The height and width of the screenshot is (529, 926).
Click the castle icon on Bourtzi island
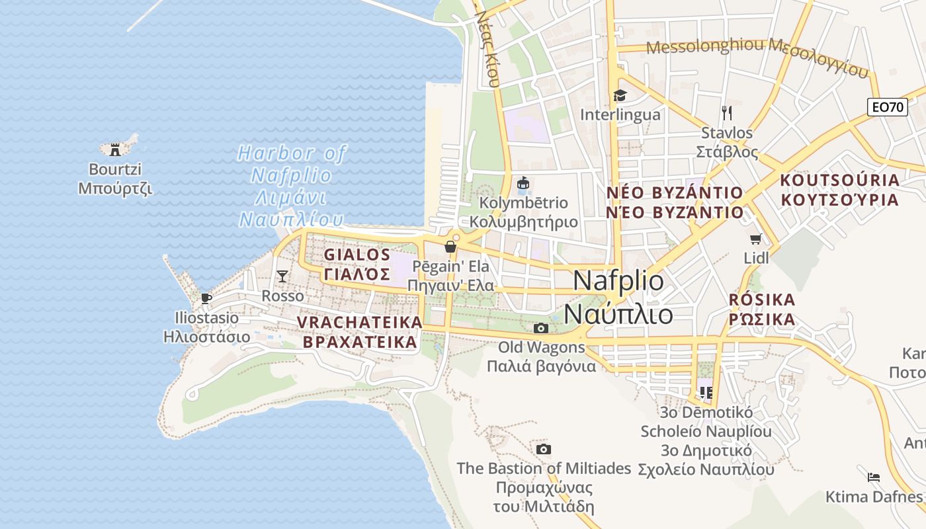(116, 149)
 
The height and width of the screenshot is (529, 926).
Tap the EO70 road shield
(887, 107)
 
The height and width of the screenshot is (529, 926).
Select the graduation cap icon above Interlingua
(620, 96)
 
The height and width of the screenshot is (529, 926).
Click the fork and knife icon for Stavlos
(727, 113)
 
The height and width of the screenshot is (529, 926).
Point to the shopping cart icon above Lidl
(756, 239)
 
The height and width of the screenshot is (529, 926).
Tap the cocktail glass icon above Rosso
(282, 276)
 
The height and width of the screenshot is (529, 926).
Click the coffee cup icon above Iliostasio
(206, 298)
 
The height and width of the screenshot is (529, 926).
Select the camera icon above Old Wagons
(541, 328)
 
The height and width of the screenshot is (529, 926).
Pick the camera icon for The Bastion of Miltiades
(544, 450)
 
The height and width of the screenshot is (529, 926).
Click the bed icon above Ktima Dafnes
(874, 477)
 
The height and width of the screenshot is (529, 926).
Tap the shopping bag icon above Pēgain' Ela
(450, 247)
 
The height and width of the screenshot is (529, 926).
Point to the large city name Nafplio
(618, 281)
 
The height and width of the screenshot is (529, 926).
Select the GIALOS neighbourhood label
(357, 255)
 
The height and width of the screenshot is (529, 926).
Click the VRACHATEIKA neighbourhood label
(360, 322)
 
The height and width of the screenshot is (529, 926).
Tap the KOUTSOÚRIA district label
(840, 180)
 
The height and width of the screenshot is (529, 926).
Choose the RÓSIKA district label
(761, 300)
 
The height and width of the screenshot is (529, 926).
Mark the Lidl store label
(757, 258)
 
